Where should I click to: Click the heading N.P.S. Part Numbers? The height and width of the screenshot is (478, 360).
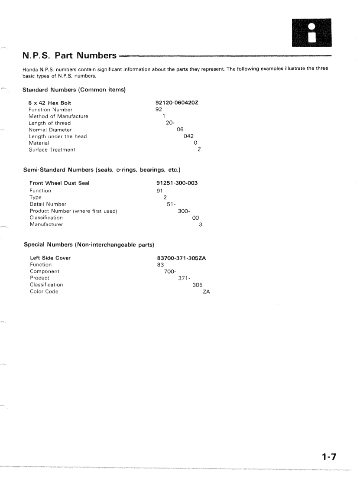69,56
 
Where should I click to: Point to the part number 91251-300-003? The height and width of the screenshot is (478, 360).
177,183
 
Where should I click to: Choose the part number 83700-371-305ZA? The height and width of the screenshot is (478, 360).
181,258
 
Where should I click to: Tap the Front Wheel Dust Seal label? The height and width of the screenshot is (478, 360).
59,183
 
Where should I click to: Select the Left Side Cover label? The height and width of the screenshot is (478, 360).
50,258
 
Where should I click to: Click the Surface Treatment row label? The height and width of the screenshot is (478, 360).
52,150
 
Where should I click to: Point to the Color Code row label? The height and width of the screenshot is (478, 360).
44,292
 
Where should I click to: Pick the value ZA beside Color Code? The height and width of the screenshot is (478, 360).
206,292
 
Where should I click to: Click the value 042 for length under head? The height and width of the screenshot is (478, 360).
188,137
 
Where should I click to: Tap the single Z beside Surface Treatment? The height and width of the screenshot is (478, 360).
199,150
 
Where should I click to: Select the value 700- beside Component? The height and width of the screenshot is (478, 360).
170,271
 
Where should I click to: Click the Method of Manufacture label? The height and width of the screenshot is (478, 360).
58,116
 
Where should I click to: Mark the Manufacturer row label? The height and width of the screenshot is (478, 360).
46,224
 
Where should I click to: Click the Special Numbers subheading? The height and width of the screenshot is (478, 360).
89,245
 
